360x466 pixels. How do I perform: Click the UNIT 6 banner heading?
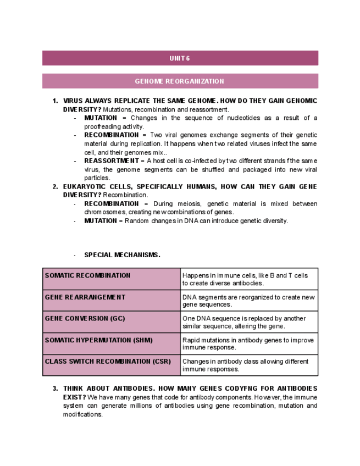click(x=180, y=58)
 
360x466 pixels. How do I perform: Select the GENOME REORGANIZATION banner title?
click(x=180, y=81)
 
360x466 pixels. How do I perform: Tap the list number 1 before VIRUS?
click(x=54, y=101)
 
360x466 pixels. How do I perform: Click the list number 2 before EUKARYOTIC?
click(x=54, y=187)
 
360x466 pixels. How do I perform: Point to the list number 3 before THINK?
click(x=54, y=389)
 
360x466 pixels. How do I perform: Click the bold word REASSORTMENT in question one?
click(x=112, y=161)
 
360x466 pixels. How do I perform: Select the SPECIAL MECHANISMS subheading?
click(x=122, y=255)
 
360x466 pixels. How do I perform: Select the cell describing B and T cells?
click(x=249, y=279)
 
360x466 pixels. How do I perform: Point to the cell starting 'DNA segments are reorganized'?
click(x=249, y=301)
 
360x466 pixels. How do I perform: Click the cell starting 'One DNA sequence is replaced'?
click(x=249, y=322)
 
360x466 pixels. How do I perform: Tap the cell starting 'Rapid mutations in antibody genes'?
click(x=249, y=343)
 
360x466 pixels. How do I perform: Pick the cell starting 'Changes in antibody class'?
click(x=249, y=365)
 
